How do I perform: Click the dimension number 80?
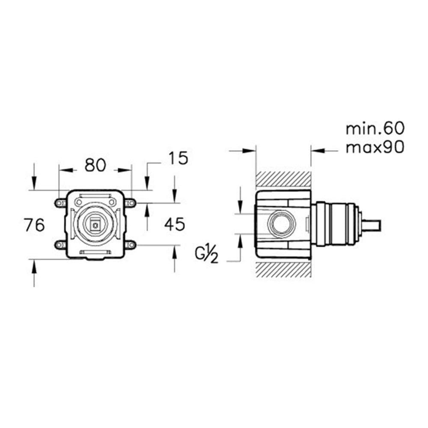pyautogui.click(x=95, y=165)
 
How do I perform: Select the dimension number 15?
pyautogui.click(x=178, y=158)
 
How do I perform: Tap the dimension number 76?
pyautogui.click(x=34, y=225)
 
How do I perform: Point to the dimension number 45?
pyautogui.click(x=175, y=224)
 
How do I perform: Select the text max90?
pyautogui.click(x=375, y=147)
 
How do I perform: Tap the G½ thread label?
pyautogui.click(x=207, y=254)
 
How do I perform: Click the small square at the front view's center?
pyautogui.click(x=95, y=225)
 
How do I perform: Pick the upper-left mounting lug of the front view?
pyautogui.click(x=60, y=203)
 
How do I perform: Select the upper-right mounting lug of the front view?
pyautogui.click(x=131, y=203)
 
